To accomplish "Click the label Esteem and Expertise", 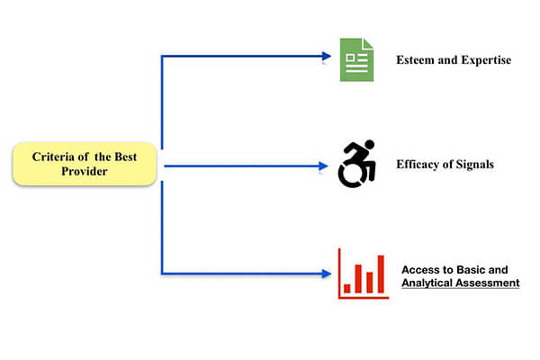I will click(x=453, y=60).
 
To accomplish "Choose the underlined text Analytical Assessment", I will click(x=460, y=283).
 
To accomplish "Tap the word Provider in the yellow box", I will click(x=84, y=171).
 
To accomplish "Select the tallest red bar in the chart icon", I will click(x=380, y=274).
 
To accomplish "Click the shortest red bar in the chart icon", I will click(x=347, y=287).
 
